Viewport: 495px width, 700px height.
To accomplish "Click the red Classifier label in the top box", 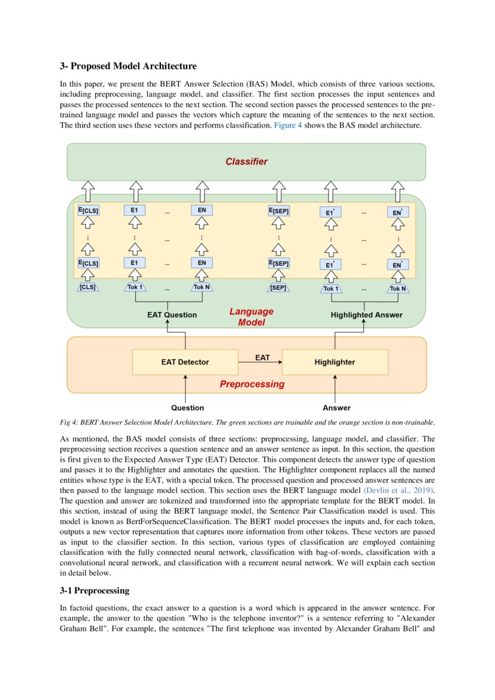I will click(246, 162).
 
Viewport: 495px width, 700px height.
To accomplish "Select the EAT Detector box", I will click(185, 362).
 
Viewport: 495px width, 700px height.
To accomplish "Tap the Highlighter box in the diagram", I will click(335, 362).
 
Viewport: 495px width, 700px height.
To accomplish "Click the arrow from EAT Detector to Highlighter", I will click(260, 362).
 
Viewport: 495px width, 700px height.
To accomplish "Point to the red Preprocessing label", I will click(252, 384).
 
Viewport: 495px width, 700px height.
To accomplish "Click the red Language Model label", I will click(251, 317).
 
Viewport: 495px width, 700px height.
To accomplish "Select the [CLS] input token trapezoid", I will click(87, 287).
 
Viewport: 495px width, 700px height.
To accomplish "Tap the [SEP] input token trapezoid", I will click(278, 287).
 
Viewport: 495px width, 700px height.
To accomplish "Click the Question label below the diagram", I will click(187, 408).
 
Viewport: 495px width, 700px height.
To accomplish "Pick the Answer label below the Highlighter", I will click(336, 408).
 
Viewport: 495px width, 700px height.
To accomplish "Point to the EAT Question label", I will click(172, 314).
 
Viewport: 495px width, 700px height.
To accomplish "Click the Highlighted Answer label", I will click(366, 314).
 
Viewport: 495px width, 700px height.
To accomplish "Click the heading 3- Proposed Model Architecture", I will click(128, 66).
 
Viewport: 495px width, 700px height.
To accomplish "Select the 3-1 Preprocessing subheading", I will click(95, 590).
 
